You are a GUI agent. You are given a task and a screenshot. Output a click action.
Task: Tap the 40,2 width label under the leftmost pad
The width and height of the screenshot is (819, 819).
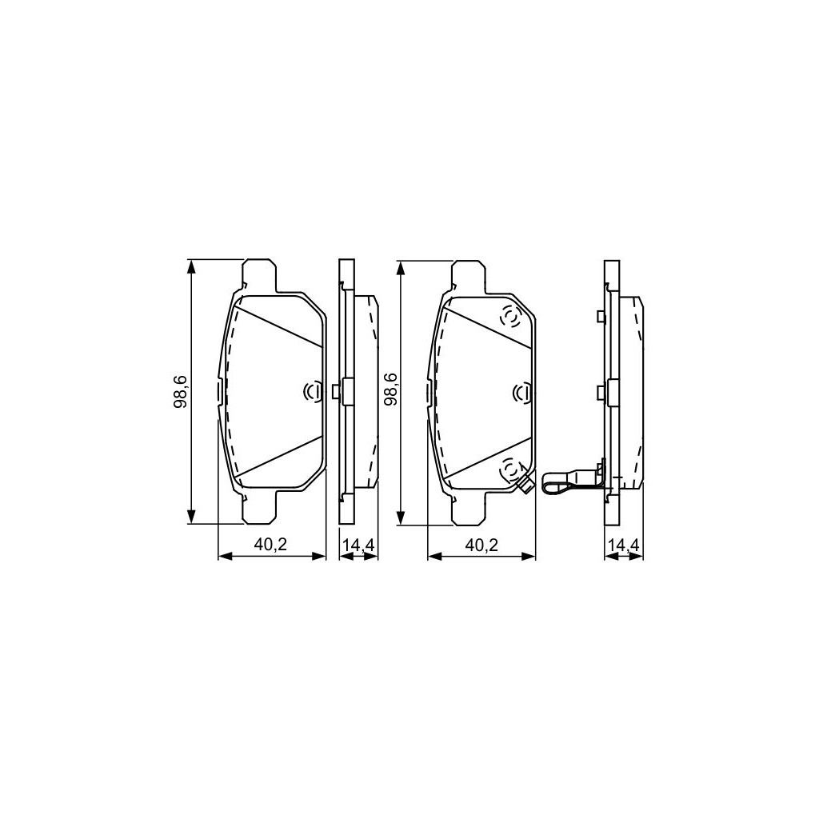(270, 545)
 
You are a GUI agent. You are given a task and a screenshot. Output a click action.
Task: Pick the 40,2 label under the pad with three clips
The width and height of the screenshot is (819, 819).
(481, 545)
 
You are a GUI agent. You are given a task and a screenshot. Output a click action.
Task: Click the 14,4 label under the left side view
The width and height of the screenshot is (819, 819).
(358, 545)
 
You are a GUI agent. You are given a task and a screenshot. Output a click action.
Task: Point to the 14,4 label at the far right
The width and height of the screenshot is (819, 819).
(624, 545)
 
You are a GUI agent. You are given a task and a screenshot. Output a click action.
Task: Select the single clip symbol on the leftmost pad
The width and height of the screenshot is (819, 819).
(314, 391)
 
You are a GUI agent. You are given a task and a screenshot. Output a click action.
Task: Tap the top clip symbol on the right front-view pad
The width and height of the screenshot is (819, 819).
(509, 318)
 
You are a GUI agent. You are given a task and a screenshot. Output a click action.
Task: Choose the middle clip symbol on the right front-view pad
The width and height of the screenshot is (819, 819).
(523, 392)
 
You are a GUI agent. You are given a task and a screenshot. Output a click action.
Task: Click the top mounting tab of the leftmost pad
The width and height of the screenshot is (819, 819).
(258, 273)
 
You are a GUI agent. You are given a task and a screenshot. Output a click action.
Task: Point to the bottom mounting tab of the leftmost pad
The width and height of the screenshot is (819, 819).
(258, 511)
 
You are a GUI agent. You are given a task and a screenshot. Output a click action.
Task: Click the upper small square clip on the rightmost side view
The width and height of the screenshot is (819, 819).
(600, 317)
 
